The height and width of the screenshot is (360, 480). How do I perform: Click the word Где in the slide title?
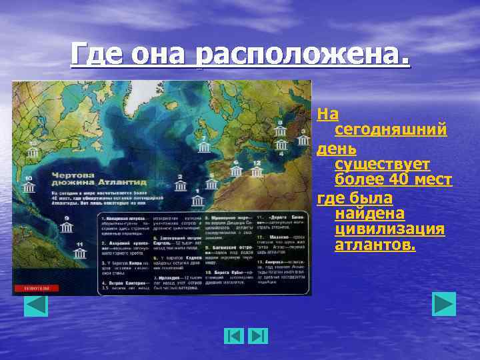tap(99, 54)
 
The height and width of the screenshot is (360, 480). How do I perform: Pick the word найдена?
tap(371, 213)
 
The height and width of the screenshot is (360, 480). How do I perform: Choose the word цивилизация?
tap(389, 230)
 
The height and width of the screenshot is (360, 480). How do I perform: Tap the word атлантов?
tap(375, 246)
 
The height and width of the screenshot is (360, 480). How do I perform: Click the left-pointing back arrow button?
tap(35, 305)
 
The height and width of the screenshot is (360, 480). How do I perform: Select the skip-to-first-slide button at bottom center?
tap(233, 336)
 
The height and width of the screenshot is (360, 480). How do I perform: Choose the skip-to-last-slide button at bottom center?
tap(258, 336)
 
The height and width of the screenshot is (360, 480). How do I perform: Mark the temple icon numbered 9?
tap(67, 229)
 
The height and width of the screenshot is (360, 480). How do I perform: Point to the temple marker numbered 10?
tap(28, 189)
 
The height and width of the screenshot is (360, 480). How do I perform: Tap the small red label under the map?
tap(37, 288)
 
